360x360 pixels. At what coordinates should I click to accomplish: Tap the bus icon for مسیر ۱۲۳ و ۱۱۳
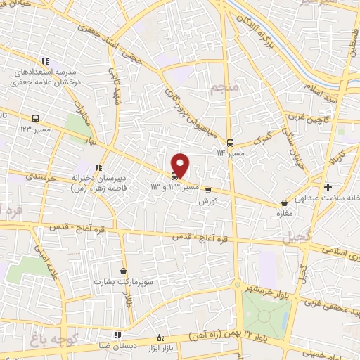[174, 176]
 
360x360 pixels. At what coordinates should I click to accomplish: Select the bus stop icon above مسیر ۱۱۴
[231, 141]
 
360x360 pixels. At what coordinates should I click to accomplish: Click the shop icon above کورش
[207, 188]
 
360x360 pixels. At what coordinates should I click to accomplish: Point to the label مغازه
[284, 212]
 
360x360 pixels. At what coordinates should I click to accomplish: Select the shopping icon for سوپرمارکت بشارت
[124, 271]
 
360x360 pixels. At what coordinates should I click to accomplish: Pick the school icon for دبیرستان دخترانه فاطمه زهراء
[98, 167]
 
